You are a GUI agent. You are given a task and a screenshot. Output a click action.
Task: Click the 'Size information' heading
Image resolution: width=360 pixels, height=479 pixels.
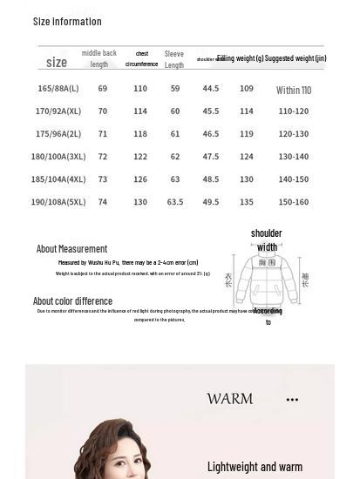(x=67, y=21)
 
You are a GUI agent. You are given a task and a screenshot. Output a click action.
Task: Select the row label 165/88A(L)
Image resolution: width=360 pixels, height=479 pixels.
(x=58, y=89)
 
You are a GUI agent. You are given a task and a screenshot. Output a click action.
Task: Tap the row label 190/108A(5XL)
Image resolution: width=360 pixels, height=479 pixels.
(x=58, y=202)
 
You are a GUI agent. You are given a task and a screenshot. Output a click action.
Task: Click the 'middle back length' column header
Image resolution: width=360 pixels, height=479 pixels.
(x=99, y=58)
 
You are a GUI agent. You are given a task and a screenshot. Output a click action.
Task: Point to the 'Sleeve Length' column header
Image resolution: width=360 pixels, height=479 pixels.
(x=174, y=59)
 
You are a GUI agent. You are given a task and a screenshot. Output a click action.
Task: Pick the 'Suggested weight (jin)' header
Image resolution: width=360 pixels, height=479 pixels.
(x=295, y=58)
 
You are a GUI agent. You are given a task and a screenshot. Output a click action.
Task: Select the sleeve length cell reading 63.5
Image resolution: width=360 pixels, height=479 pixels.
(x=174, y=202)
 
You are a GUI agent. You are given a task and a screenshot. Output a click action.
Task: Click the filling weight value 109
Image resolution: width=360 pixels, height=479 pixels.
(x=247, y=89)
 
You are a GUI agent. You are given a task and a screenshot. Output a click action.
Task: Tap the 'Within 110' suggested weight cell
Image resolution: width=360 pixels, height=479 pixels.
(x=294, y=90)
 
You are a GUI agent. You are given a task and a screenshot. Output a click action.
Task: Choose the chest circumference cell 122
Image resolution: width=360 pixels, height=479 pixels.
(x=140, y=157)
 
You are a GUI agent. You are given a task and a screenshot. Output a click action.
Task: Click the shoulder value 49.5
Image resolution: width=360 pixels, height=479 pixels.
(x=211, y=202)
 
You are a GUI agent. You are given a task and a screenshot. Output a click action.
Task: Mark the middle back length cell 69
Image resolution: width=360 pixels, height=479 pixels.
(x=103, y=89)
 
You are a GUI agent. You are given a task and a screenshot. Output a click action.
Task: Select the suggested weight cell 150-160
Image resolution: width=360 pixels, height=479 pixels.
(x=294, y=202)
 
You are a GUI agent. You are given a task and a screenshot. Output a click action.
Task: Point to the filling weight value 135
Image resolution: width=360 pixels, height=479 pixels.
(x=247, y=202)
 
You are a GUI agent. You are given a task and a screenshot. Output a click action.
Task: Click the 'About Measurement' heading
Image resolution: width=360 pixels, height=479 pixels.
(x=71, y=249)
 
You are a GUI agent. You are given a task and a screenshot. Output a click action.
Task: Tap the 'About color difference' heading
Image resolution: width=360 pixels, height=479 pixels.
(x=72, y=301)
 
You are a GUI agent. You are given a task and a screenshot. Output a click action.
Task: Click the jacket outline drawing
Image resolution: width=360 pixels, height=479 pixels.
(x=267, y=280)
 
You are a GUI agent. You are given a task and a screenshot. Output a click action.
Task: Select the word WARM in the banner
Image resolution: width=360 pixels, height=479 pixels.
(x=230, y=399)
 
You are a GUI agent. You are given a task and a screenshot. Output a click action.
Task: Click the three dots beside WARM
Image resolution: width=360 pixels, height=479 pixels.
(x=292, y=400)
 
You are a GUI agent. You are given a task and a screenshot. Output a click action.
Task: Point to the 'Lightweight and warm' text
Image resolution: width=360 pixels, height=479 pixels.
(x=255, y=467)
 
